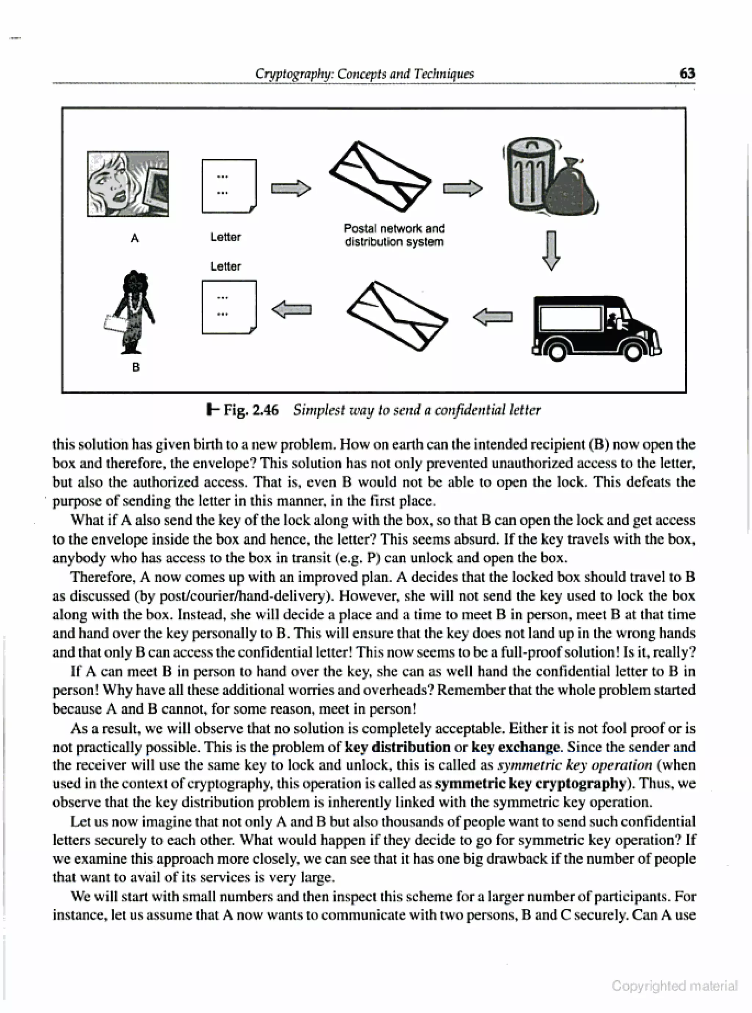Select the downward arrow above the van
tap(551, 251)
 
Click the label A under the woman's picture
tap(134, 238)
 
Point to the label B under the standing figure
tap(135, 367)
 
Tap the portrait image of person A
tap(128, 184)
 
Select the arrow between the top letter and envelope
tap(291, 188)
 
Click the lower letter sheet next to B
tap(229, 307)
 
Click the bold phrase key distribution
tap(397, 747)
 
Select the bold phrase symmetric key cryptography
tap(530, 784)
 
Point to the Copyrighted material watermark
tap(674, 986)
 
